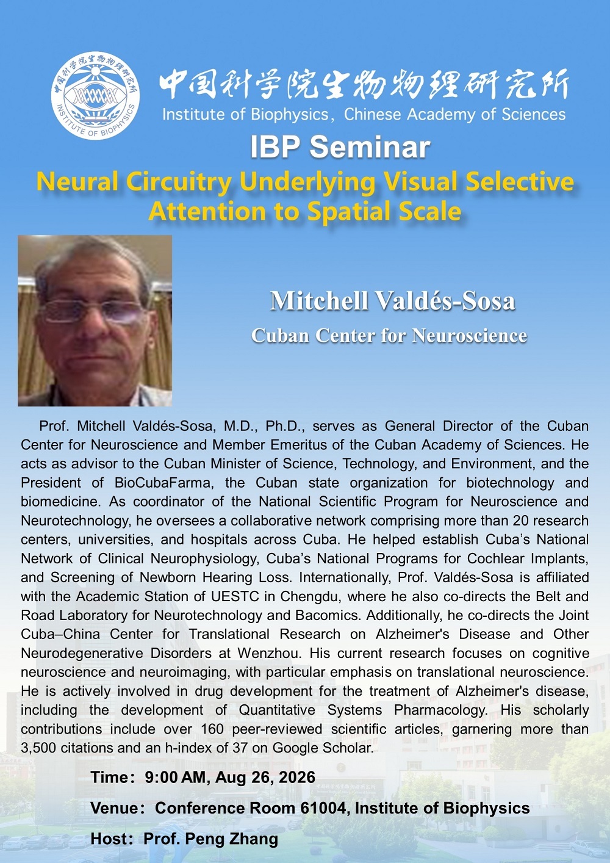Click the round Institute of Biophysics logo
[95, 96]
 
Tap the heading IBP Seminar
[340, 147]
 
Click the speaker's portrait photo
[95, 320]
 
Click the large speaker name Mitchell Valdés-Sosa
[392, 300]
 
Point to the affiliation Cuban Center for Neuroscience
[389, 335]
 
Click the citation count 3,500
[38, 748]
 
